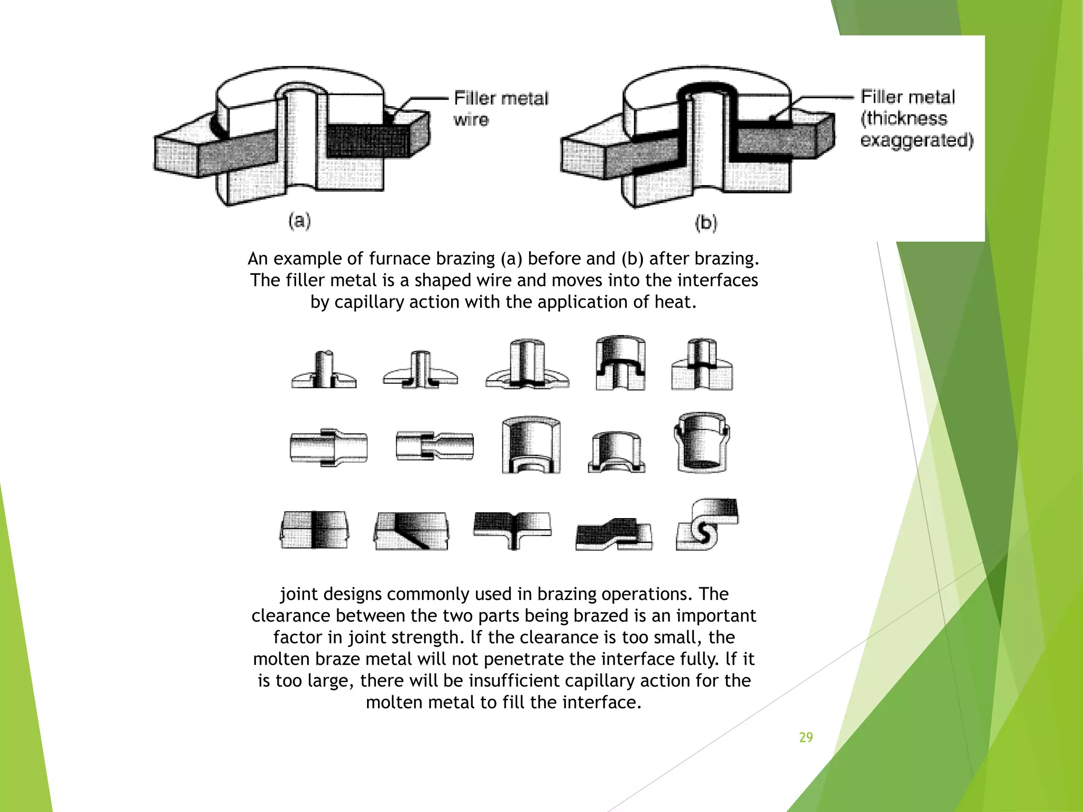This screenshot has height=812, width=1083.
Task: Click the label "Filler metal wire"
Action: [x=501, y=108]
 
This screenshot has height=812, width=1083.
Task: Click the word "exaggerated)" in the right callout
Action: [x=916, y=141]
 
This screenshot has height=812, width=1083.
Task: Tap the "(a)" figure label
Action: [x=299, y=220]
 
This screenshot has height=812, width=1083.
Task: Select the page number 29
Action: [x=805, y=737]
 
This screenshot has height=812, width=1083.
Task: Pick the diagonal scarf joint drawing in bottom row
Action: [x=411, y=530]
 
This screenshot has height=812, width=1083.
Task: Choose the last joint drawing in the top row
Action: [x=702, y=365]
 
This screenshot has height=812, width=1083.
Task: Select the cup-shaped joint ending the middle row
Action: [x=702, y=443]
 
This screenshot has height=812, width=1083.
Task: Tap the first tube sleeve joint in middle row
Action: [x=329, y=447]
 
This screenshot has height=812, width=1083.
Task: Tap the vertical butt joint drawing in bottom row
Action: [x=314, y=530]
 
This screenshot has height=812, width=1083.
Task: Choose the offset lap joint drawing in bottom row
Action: [x=613, y=533]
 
